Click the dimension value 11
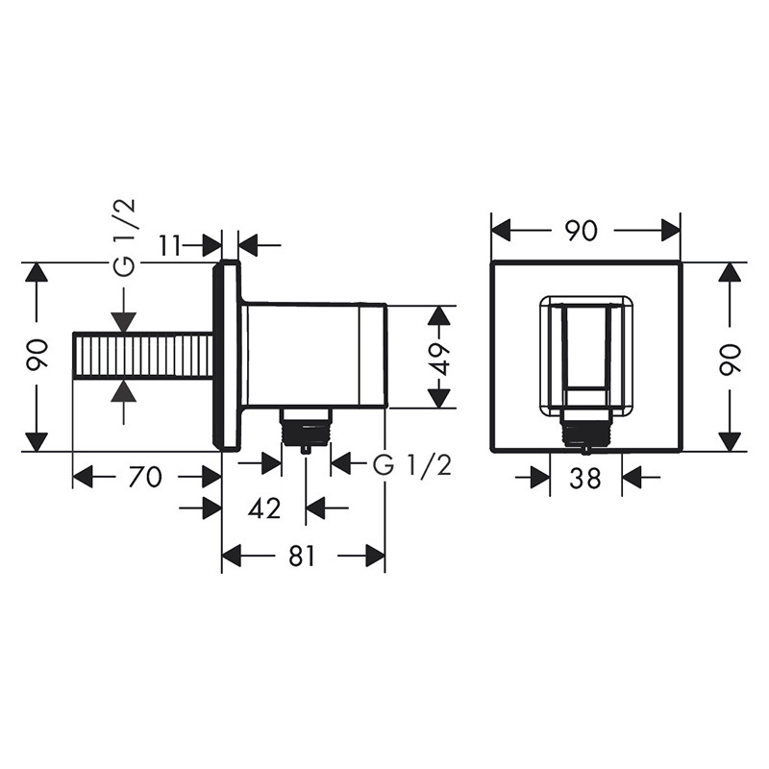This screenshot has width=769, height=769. [170, 245]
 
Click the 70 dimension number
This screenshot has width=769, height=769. [145, 477]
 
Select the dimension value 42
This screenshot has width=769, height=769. [264, 509]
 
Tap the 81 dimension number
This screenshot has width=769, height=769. [301, 557]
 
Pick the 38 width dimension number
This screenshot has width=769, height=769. [585, 478]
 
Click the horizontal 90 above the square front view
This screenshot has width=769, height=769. [582, 231]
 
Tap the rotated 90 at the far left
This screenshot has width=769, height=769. [37, 355]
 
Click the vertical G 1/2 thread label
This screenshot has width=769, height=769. [124, 237]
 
